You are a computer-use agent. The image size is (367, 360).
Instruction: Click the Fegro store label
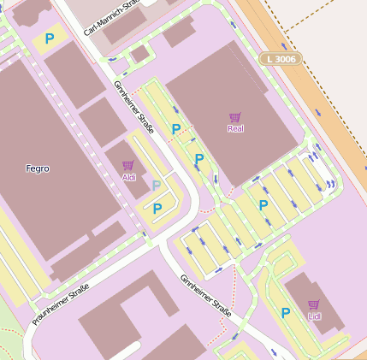pyautogui.click(x=38, y=168)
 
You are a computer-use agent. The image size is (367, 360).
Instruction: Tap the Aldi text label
pyautogui.click(x=128, y=177)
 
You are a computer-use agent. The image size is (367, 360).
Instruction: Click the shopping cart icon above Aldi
pyautogui.click(x=128, y=165)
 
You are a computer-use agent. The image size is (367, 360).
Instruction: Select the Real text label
pyautogui.click(x=235, y=129)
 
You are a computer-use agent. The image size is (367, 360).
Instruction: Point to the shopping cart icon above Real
pyautogui.click(x=235, y=117)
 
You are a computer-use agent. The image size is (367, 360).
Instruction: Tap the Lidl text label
pyautogui.click(x=313, y=316)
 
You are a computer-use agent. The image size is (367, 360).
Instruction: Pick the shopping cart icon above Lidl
pyautogui.click(x=313, y=304)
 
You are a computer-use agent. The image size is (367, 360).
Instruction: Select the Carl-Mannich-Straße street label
pyautogui.click(x=111, y=18)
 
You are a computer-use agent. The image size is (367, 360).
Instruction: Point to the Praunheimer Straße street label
pyautogui.click(x=61, y=305)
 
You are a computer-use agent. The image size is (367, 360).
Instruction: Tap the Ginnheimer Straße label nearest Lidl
pyautogui.click(x=206, y=295)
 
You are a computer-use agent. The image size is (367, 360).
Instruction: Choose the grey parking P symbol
pyautogui.click(x=156, y=186)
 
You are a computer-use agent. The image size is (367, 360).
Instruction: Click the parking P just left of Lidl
pyautogui.click(x=286, y=313)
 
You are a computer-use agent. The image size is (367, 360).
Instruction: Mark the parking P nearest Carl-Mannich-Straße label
pyautogui.click(x=50, y=38)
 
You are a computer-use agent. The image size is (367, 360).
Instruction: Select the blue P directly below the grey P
pyautogui.click(x=157, y=208)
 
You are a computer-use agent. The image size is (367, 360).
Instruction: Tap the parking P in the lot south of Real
pyautogui.click(x=263, y=205)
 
